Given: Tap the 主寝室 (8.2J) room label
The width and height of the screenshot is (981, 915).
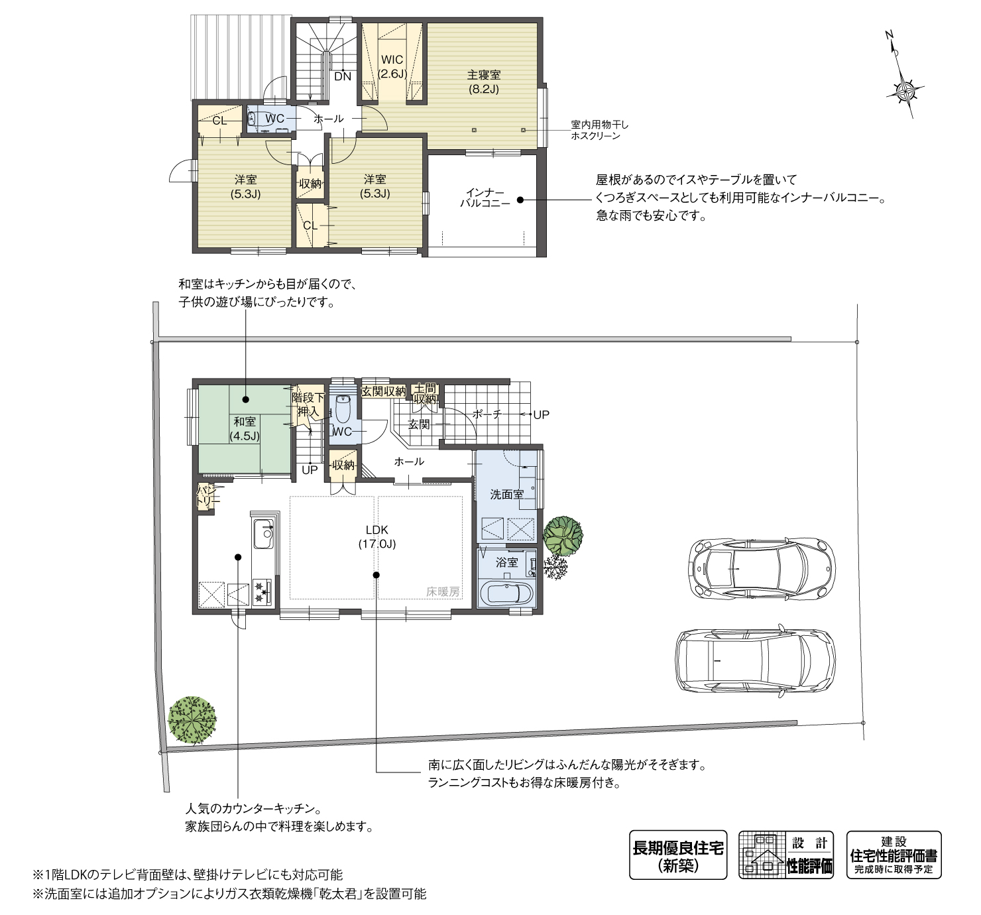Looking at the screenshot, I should (484, 82).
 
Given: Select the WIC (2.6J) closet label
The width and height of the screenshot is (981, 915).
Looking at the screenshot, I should (392, 67).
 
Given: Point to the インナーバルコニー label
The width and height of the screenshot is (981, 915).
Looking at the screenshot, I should (485, 198).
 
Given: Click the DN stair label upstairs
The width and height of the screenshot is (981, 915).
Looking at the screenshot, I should (343, 77).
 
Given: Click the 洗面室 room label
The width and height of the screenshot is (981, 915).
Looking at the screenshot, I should (506, 495).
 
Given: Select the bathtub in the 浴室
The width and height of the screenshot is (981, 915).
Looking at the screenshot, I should (506, 593).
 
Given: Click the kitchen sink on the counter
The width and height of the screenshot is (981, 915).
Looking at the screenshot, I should (264, 534).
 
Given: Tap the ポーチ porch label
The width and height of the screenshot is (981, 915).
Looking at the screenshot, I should (487, 414).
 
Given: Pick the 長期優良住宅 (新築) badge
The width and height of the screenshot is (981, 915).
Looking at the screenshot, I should (678, 855).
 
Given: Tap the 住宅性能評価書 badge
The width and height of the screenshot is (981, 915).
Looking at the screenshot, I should (894, 855).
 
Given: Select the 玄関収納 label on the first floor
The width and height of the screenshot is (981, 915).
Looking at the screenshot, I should (383, 391).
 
